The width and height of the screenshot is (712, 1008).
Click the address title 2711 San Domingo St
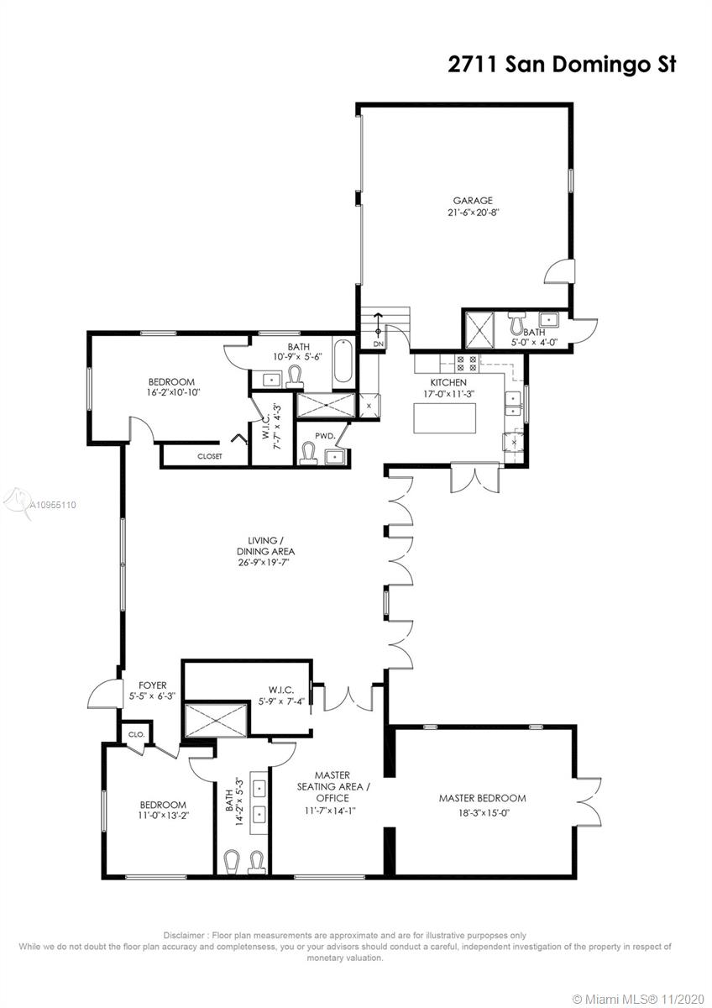[562, 65]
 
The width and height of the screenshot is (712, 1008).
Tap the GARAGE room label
[473, 201]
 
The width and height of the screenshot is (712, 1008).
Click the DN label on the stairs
[378, 344]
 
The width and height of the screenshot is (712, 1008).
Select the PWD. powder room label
[325, 436]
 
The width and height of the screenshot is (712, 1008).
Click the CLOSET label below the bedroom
[209, 456]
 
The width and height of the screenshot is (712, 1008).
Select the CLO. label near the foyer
[136, 733]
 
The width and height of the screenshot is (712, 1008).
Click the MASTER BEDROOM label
[482, 798]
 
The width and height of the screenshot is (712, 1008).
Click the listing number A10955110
[52, 506]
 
